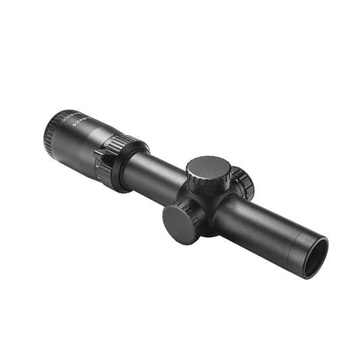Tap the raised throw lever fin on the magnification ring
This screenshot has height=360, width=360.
(x=100, y=163)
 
